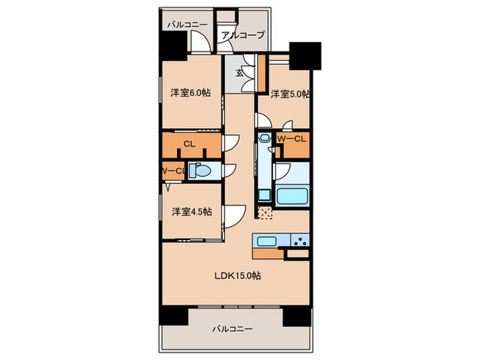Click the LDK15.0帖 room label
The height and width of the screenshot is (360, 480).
coord(237,276)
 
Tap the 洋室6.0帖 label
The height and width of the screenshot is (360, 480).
coord(191,93)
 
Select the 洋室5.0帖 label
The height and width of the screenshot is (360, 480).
coord(290,94)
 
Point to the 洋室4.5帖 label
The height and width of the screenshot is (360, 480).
coord(191,211)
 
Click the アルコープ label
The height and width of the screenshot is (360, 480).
coord(243,35)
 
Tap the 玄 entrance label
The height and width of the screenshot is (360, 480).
coord(239,73)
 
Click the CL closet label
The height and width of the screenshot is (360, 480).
coord(189,144)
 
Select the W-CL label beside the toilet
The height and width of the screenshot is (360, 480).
coord(173,171)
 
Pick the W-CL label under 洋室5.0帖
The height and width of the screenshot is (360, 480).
coord(291,139)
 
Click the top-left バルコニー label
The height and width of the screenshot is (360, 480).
coord(187,25)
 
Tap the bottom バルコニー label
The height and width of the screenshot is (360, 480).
coord(232,329)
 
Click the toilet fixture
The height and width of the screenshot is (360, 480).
coord(200,171)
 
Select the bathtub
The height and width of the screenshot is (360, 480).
coord(291,196)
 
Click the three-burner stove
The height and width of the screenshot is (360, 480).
coord(300,240)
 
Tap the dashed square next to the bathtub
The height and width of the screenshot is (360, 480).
coord(265,213)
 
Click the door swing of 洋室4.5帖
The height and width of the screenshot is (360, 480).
coord(235,217)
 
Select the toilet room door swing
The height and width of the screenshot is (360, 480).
coord(230,171)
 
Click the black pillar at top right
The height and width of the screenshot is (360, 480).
coord(305,56)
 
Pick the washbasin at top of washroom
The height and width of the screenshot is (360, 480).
coord(264,137)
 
